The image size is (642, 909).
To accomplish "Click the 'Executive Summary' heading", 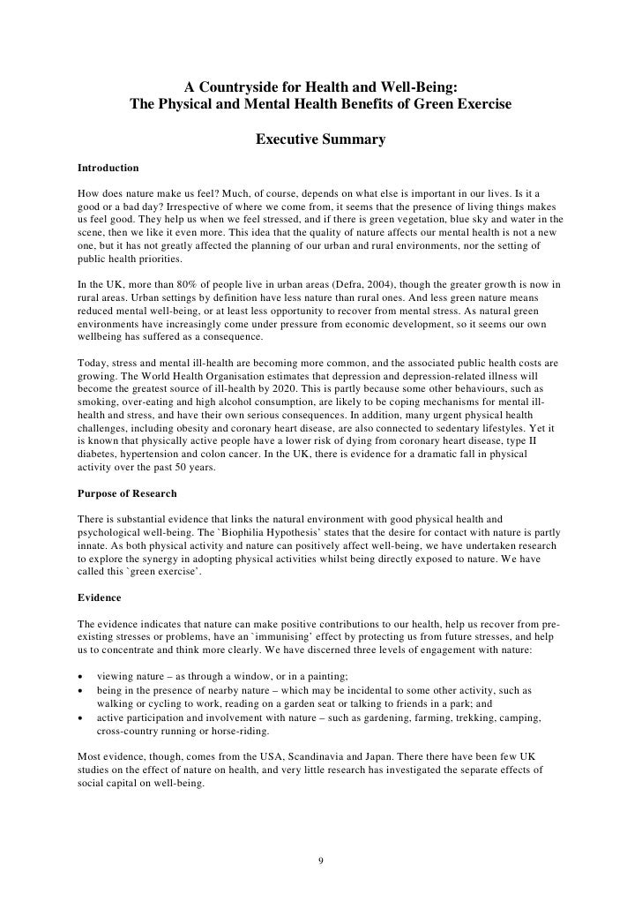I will (x=320, y=139).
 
